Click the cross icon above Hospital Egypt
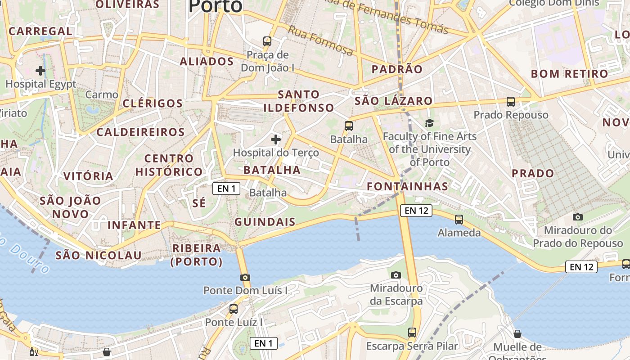pos(40,71)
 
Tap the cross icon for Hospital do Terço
pos(276,139)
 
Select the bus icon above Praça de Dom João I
pos(267,41)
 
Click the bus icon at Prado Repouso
pos(511,102)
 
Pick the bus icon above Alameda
pos(459,220)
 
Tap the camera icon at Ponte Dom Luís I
pos(245,277)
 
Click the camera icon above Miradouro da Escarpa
pos(396,275)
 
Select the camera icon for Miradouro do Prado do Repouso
pos(578,217)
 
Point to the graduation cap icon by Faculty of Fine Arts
pos(430,123)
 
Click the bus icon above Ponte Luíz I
pos(233,309)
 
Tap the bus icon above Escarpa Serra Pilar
pos(412,333)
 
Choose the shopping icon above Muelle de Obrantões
pos(517,334)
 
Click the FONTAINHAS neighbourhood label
pos(407,186)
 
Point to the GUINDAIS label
pos(265,222)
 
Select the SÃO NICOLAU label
pos(99,256)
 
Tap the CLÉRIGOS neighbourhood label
pos(153,103)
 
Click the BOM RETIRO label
pos(569,74)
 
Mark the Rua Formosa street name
pos(320,40)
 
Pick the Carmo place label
pos(102,94)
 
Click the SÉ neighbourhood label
pos(199,203)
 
